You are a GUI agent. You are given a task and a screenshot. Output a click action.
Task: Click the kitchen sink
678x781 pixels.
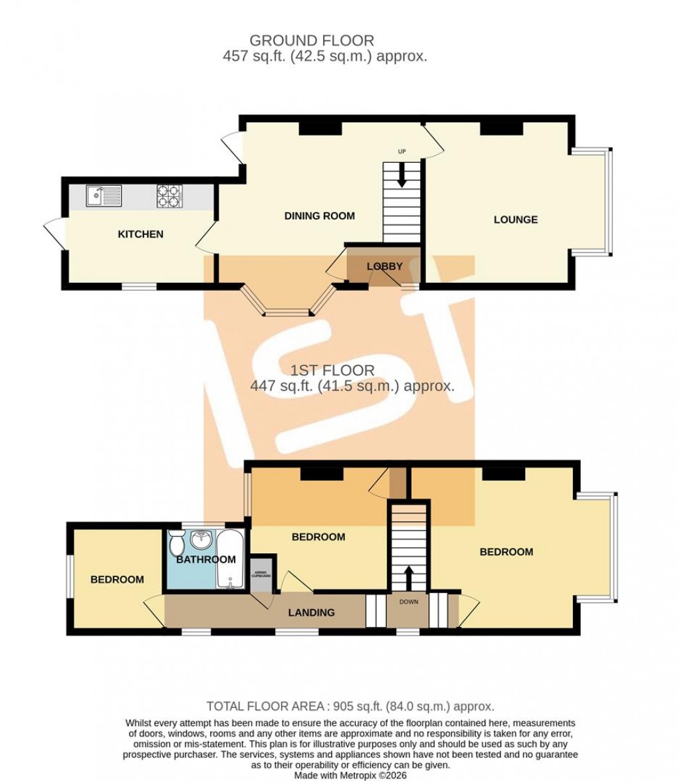pos(103,196)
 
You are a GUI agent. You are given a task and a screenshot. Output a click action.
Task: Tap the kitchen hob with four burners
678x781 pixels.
pos(169,196)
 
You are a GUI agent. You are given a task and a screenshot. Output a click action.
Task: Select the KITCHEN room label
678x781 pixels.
pos(140,234)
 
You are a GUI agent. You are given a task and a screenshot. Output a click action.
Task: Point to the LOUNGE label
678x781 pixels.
pos(515,220)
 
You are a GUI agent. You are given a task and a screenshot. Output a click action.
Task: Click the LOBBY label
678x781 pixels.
pos(385,266)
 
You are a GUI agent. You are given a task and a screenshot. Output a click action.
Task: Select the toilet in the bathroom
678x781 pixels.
pos(176,543)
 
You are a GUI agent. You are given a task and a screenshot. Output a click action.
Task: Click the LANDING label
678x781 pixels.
pos(311,612)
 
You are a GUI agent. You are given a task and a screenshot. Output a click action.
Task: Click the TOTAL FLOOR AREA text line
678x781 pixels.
pos(350,707)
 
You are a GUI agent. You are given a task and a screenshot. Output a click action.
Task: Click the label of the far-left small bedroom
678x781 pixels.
pos(117,579)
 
